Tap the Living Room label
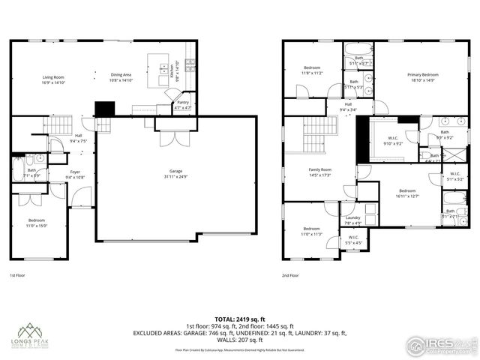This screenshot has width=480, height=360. [x=53, y=76]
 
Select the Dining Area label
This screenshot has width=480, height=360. [x=121, y=76]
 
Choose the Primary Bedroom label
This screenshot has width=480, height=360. [x=423, y=76]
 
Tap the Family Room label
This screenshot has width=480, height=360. [x=320, y=172]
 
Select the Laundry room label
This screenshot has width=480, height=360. [x=352, y=220]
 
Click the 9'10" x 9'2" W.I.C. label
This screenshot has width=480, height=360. [x=392, y=140]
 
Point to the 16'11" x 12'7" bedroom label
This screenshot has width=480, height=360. [x=408, y=193]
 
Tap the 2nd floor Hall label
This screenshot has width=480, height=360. [x=348, y=107]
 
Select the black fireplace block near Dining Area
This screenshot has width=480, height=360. [x=103, y=109]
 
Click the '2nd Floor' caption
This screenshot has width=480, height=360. [x=290, y=276]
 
